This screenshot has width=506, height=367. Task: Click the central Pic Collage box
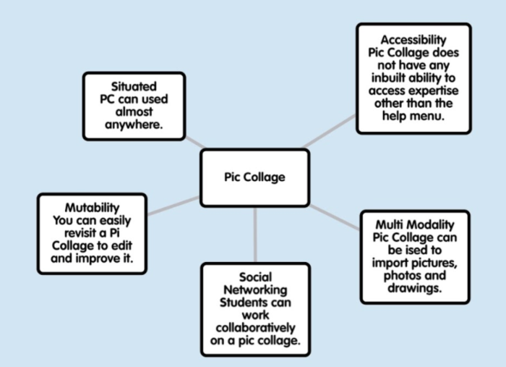(254, 177)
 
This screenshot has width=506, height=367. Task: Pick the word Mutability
(92, 207)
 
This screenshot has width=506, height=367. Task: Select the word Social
(255, 277)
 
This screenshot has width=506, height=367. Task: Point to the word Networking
(255, 290)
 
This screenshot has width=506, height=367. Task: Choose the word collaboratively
(255, 328)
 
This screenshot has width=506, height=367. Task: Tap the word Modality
(431, 224)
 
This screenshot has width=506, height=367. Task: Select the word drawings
(414, 289)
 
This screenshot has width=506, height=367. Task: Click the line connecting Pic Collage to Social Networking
(254, 235)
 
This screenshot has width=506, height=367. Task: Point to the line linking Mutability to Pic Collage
(173, 206)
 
